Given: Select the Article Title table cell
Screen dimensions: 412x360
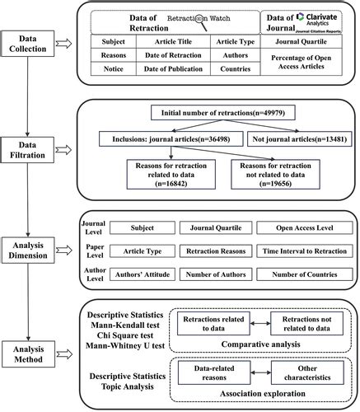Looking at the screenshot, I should [174, 40].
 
